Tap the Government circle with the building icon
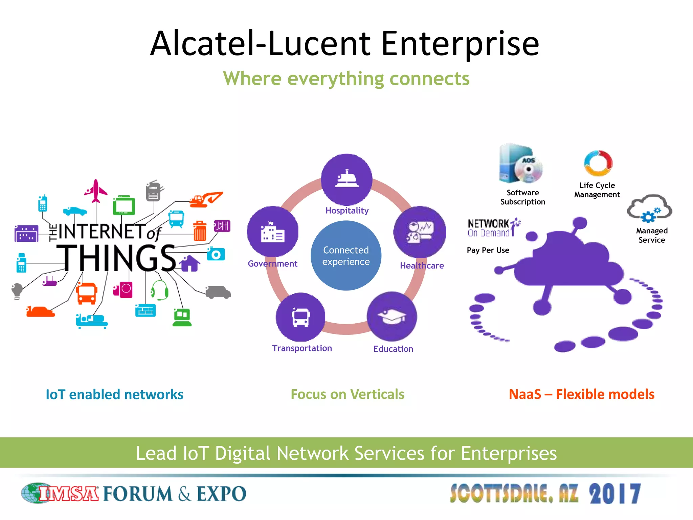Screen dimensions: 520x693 [x=273, y=232]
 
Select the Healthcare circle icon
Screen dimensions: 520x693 [x=420, y=232]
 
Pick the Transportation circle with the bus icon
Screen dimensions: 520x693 [x=300, y=317]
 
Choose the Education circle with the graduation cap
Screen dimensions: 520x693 [x=392, y=317]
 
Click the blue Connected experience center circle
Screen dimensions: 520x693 [x=346, y=256]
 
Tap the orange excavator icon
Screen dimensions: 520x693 [x=206, y=199]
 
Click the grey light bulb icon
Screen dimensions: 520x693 [x=17, y=291]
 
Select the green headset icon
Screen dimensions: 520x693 [x=159, y=290]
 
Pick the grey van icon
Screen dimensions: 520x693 [x=218, y=292]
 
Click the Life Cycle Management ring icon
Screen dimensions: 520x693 [x=598, y=164]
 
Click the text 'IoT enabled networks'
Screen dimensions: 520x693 [x=114, y=394]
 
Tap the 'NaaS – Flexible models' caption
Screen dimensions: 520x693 [x=581, y=394]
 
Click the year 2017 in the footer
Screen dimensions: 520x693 [x=615, y=494]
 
